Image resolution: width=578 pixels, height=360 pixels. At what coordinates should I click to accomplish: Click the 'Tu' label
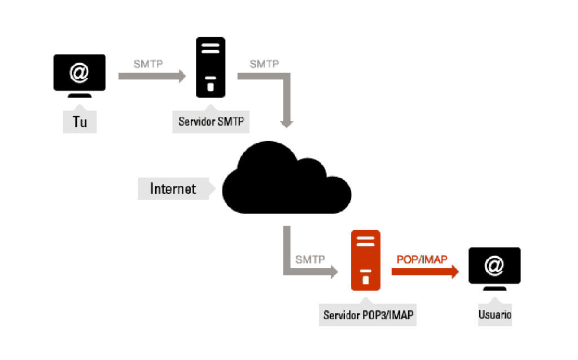[80, 122]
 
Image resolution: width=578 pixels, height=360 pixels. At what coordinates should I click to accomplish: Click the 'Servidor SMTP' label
[211, 121]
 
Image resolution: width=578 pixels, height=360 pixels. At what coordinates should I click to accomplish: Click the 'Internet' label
[173, 188]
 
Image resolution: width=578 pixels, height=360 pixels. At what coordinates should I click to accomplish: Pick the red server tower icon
[365, 260]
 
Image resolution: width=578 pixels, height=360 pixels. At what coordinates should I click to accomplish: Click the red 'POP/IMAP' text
[422, 259]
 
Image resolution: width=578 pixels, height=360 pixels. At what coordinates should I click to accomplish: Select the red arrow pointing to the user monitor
[424, 271]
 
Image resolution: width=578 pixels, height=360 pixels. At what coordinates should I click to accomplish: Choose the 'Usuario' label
[494, 315]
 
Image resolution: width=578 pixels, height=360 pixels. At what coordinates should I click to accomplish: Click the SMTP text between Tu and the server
[148, 64]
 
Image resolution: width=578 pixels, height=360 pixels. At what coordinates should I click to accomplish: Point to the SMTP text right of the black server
[264, 64]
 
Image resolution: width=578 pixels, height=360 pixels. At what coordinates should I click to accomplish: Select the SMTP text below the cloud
[310, 260]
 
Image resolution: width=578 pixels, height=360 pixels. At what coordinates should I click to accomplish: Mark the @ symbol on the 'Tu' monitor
[80, 72]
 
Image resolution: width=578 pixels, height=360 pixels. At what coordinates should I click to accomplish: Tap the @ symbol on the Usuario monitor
[494, 265]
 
